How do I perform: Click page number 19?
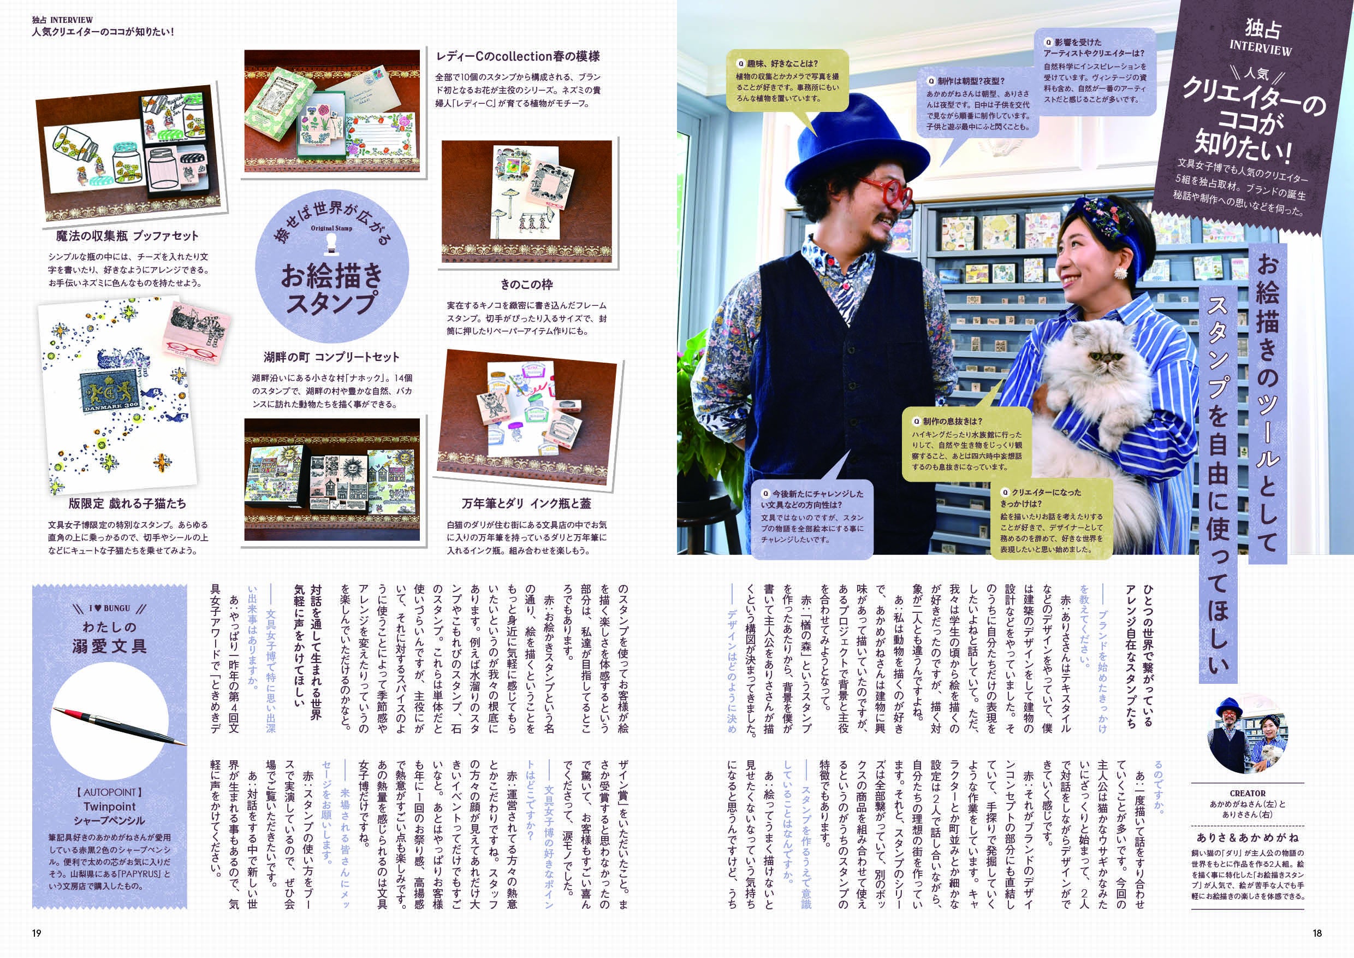click(x=37, y=933)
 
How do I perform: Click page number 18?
click(x=1317, y=933)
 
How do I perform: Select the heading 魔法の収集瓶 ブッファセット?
click(x=127, y=236)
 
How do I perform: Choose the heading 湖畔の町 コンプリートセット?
click(x=331, y=357)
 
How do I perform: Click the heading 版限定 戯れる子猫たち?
click(x=127, y=503)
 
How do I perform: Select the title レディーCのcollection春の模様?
click(x=518, y=56)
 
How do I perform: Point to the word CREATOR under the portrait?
click(x=1247, y=794)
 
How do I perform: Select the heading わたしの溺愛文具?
click(x=109, y=637)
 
